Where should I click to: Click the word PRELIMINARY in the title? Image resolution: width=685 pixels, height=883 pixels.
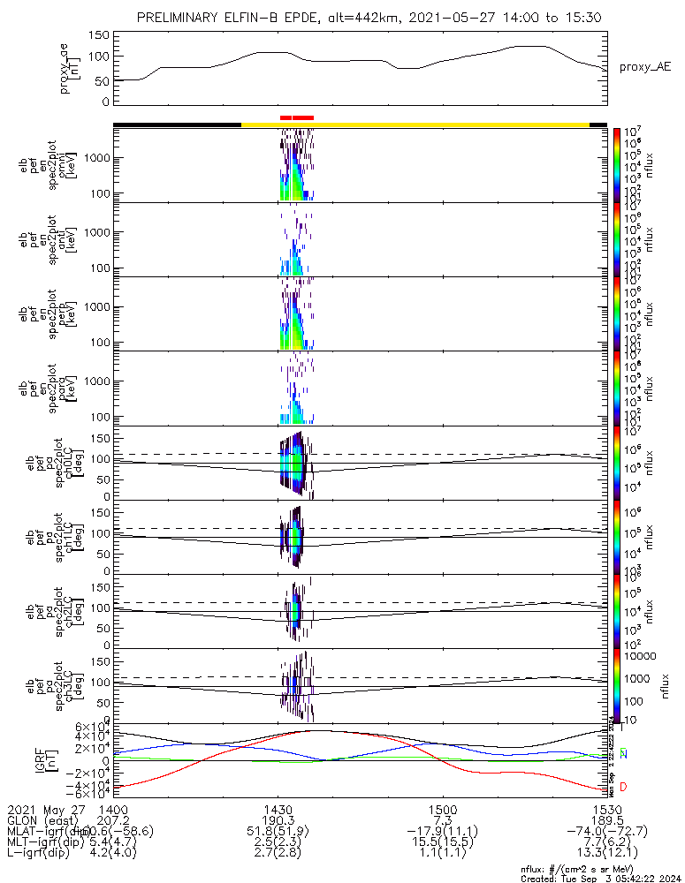pyautogui.click(x=181, y=19)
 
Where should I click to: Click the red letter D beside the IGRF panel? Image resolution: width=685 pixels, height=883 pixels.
pyautogui.click(x=623, y=787)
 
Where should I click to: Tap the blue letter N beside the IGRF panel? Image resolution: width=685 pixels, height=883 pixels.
pyautogui.click(x=623, y=754)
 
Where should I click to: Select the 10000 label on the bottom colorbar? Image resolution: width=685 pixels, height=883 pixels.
pyautogui.click(x=641, y=656)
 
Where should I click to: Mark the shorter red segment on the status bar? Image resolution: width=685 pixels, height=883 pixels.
pyautogui.click(x=285, y=117)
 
